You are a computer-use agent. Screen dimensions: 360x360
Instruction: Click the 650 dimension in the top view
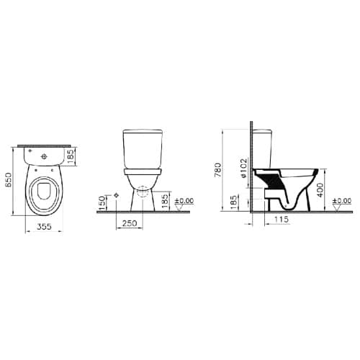9,181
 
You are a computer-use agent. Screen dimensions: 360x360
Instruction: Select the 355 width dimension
45,226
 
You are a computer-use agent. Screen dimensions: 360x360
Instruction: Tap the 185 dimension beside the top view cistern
71,156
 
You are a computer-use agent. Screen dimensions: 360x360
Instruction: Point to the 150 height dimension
102,203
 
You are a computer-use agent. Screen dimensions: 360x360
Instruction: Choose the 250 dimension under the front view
130,223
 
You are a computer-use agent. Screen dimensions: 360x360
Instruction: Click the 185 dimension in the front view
165,201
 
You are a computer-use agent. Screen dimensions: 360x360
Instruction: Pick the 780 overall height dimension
218,170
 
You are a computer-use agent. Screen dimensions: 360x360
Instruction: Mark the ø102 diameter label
243,168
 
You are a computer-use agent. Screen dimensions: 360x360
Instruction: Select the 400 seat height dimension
320,190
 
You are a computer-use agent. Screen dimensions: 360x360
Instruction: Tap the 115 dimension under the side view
281,219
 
